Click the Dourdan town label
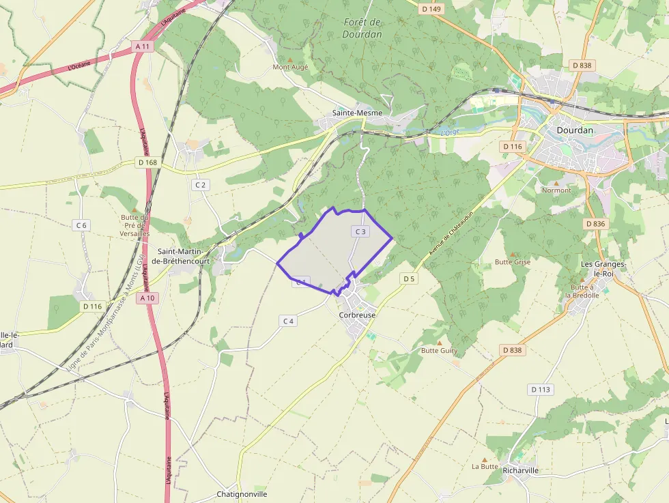[x=575, y=130]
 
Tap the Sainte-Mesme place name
[x=357, y=113]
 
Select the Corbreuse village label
[x=357, y=315]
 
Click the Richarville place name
[x=520, y=470]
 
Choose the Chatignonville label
[x=242, y=494]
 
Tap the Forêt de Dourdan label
[x=362, y=27]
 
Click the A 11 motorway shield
[x=143, y=46]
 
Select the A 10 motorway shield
[x=147, y=298]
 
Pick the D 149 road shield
[x=431, y=9]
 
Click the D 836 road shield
[x=595, y=224]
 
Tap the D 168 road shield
[x=147, y=162]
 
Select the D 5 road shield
[x=408, y=278]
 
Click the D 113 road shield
[x=540, y=390]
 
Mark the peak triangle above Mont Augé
[x=291, y=59]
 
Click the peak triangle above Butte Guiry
[x=440, y=343]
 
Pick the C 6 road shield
[x=81, y=225]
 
